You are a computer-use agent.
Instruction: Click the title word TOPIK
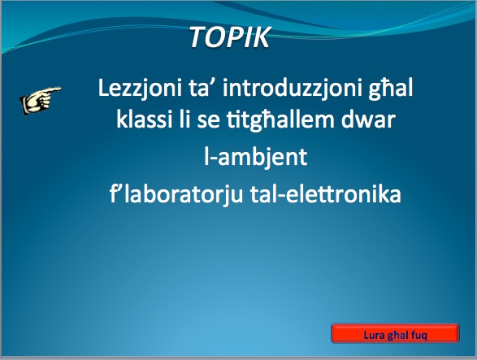pos(230,37)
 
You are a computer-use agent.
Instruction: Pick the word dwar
pos(368,119)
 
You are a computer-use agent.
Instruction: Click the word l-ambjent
pos(255,158)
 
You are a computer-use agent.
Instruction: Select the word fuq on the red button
pos(418,336)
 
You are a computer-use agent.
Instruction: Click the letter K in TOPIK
pos(260,37)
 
